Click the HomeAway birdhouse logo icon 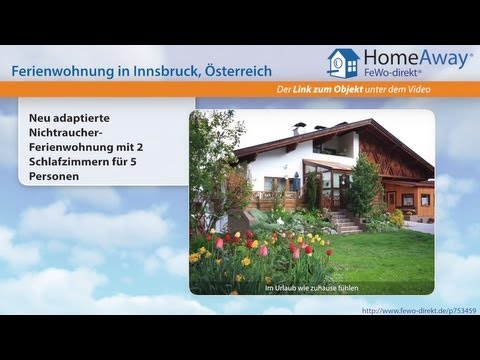343,62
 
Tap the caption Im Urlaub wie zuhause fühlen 312,288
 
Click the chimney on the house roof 298,128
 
